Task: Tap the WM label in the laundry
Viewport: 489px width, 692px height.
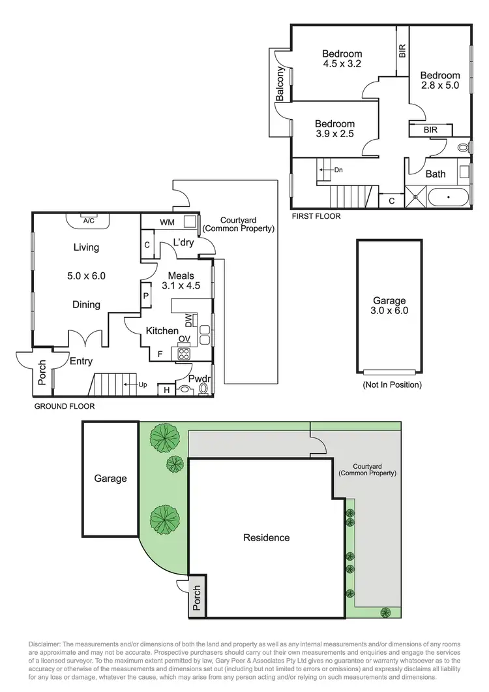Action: (x=168, y=223)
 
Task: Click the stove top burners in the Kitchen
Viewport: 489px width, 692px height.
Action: (x=184, y=354)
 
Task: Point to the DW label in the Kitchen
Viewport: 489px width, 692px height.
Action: (x=188, y=319)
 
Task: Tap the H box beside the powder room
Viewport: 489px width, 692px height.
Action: (x=166, y=390)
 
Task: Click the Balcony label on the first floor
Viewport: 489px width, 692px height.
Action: (x=280, y=84)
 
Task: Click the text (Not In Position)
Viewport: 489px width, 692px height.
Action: (x=392, y=385)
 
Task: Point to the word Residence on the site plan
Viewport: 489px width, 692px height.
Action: (x=266, y=538)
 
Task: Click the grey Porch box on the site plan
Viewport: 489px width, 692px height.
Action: (x=197, y=599)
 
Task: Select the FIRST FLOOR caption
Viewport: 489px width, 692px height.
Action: (x=316, y=216)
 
